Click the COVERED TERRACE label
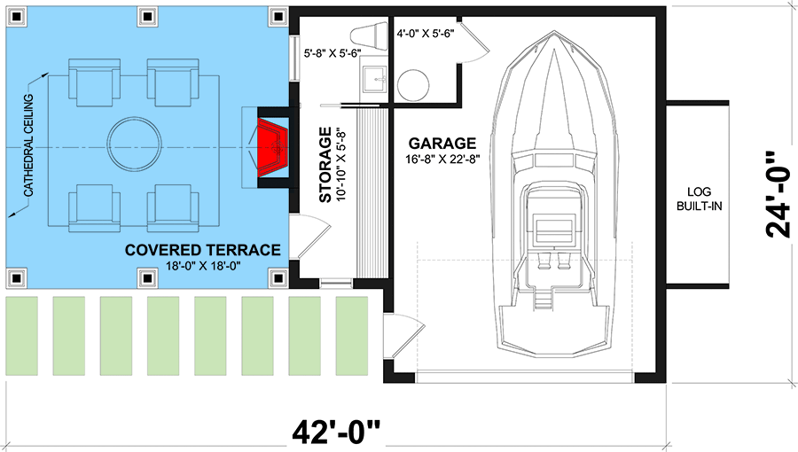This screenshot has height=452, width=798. pos(203,250)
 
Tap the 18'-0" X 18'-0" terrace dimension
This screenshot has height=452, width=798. pos(203,266)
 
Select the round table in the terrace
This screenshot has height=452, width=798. pos(135,143)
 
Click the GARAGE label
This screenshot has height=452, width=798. pos(442,143)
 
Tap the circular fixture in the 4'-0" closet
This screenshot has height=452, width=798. pos(413,86)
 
